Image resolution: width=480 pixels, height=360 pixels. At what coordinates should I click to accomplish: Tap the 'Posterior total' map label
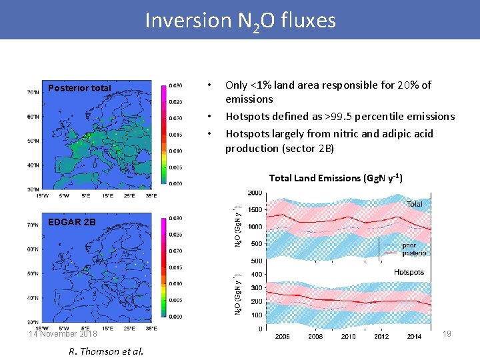pyautogui.click(x=79, y=88)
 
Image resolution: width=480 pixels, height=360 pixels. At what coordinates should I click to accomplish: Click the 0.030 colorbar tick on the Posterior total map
pyautogui.click(x=175, y=85)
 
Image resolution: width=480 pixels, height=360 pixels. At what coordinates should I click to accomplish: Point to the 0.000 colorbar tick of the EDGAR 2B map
pyautogui.click(x=175, y=317)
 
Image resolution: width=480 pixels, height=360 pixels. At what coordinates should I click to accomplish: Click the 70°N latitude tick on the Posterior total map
pyautogui.click(x=32, y=92)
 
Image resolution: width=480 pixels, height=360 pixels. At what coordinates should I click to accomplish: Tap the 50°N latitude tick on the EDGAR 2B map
pyautogui.click(x=32, y=274)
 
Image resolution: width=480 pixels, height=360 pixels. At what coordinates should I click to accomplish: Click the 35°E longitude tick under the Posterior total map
pyautogui.click(x=151, y=196)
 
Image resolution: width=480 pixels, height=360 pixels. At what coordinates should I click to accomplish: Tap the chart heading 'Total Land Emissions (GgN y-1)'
pyautogui.click(x=335, y=178)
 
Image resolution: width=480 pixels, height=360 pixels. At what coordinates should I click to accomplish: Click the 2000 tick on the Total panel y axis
pyautogui.click(x=254, y=193)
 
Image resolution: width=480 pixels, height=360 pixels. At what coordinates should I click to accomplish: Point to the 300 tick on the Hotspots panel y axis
pyautogui.click(x=255, y=288)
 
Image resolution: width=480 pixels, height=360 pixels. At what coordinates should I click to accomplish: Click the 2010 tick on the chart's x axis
pyautogui.click(x=348, y=336)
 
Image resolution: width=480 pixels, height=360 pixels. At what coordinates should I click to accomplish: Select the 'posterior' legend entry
pyautogui.click(x=414, y=253)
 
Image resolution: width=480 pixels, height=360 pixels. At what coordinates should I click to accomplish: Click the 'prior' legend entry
pyautogui.click(x=409, y=246)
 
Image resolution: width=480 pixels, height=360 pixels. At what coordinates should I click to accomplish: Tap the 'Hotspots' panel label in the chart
pyautogui.click(x=409, y=272)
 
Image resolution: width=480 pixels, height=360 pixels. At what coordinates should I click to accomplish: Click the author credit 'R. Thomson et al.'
pyautogui.click(x=105, y=351)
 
